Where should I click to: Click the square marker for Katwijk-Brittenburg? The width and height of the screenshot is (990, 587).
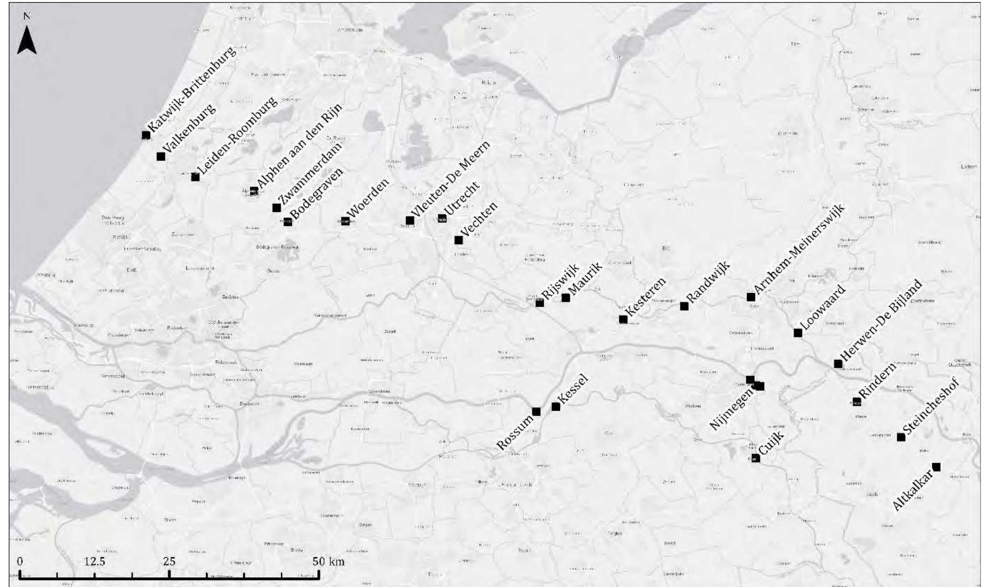click(x=146, y=135)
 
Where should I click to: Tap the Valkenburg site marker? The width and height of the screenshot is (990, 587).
click(x=161, y=156)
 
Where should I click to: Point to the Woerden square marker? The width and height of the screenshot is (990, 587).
click(x=346, y=221)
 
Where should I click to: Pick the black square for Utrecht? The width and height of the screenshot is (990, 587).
click(x=442, y=218)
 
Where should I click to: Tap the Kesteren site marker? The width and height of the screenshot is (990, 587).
click(x=623, y=319)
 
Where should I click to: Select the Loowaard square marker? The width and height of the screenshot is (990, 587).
click(x=798, y=333)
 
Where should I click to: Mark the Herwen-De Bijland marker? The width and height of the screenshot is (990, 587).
click(x=838, y=364)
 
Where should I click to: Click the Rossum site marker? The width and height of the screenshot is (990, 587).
click(x=536, y=411)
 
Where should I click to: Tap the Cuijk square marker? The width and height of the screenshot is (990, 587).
click(x=755, y=458)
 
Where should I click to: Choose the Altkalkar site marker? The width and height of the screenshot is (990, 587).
click(x=937, y=467)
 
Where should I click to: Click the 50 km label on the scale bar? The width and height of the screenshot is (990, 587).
click(x=329, y=560)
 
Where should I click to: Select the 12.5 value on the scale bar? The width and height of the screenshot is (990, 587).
click(x=95, y=560)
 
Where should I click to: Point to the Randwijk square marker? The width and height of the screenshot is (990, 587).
click(x=685, y=306)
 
